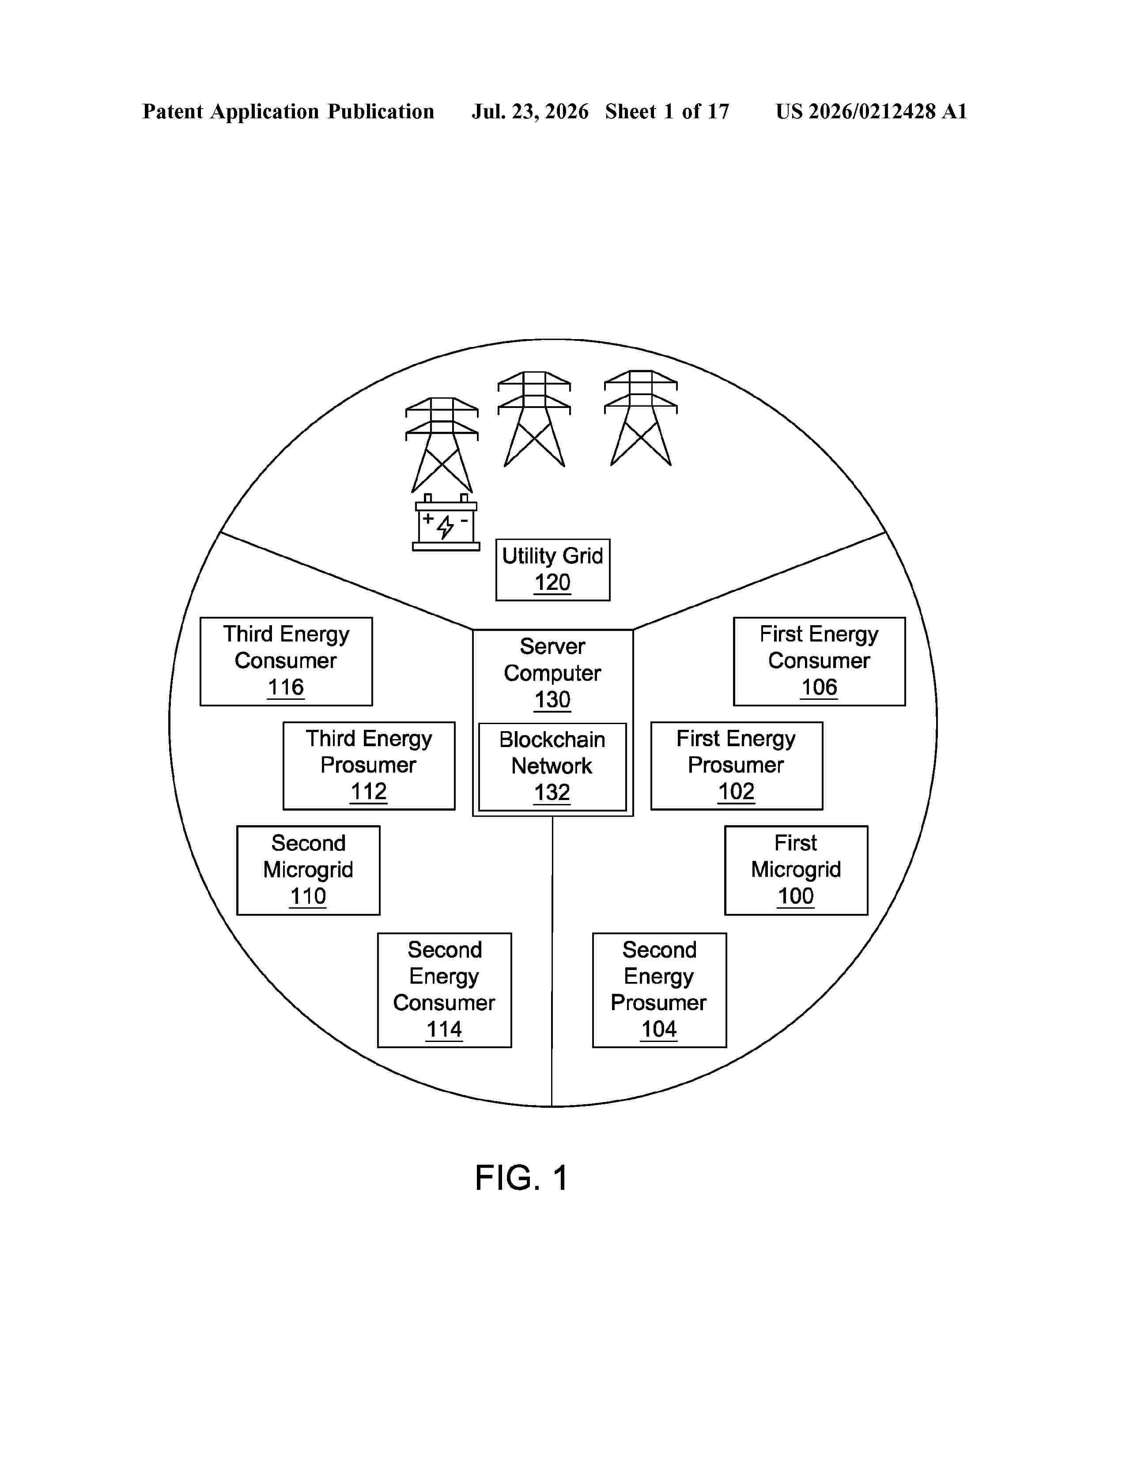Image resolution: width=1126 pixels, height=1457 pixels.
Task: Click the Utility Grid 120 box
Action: (x=552, y=570)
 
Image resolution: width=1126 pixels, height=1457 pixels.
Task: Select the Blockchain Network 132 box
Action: (x=552, y=766)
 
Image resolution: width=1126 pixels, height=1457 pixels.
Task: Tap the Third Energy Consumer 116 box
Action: (x=286, y=661)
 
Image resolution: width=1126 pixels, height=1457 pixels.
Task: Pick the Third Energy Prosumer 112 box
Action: (x=369, y=766)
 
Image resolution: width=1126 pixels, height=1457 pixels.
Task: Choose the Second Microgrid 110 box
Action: (x=308, y=870)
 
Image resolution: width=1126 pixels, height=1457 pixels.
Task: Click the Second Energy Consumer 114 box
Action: (x=444, y=990)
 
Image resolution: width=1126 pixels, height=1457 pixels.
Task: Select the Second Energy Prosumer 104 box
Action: (x=659, y=990)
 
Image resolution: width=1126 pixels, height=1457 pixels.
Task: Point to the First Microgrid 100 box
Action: (x=796, y=870)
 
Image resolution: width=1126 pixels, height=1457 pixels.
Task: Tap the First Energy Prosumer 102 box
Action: (x=737, y=766)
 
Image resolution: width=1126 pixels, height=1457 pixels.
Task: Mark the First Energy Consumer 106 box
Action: (x=819, y=661)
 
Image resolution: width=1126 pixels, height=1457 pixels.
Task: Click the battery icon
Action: (x=446, y=522)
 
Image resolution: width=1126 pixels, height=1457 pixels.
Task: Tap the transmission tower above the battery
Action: (x=442, y=445)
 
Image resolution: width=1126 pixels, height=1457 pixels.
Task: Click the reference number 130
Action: (x=552, y=700)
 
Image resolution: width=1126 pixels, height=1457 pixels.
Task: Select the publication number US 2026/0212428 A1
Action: (x=871, y=111)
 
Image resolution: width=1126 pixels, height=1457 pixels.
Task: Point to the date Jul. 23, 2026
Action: (x=530, y=111)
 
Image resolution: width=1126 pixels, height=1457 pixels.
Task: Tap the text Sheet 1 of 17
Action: (x=667, y=111)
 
